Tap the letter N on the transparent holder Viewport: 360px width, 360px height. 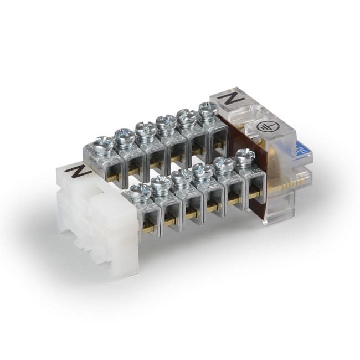pyautogui.click(x=227, y=99)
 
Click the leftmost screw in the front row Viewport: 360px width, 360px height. pyautogui.click(x=140, y=192)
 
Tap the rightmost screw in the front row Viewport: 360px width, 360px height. pyautogui.click(x=244, y=157)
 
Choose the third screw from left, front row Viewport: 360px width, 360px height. pyautogui.click(x=182, y=178)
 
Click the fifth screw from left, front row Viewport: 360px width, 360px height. pyautogui.click(x=224, y=164)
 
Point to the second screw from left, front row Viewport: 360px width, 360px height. pyautogui.click(x=161, y=184)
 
